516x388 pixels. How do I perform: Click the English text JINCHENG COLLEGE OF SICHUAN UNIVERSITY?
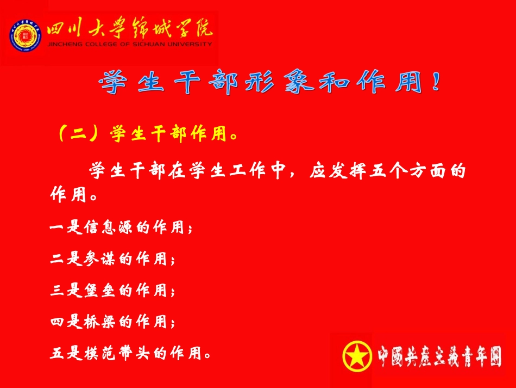click(130, 45)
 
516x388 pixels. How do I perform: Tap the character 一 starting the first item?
click(57, 227)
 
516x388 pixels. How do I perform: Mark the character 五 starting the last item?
click(57, 354)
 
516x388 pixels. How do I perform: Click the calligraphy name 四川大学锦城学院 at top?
click(130, 29)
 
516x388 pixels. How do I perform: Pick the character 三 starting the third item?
click(57, 291)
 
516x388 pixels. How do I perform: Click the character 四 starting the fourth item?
click(57, 322)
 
